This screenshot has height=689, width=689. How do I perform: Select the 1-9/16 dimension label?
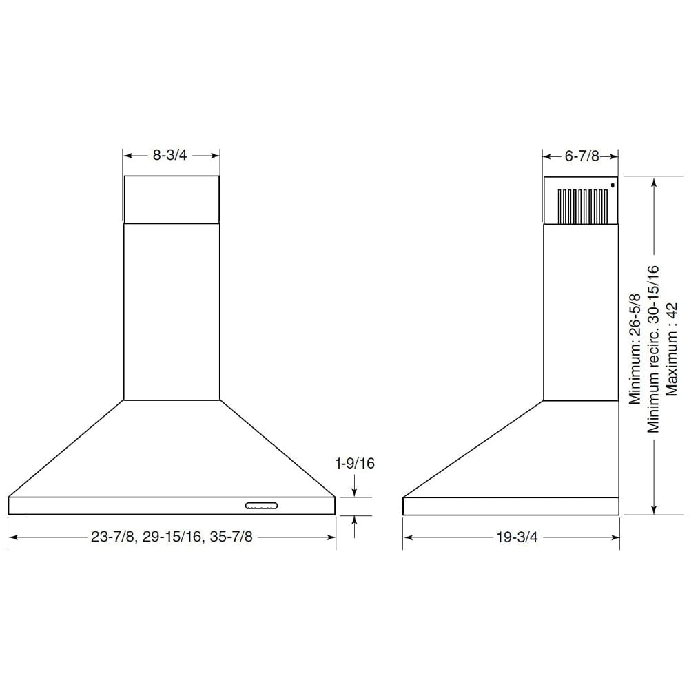tap(354, 464)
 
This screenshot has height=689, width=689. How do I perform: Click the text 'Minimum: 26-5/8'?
tap(635, 349)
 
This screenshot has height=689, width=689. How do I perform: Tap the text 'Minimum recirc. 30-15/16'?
tap(653, 349)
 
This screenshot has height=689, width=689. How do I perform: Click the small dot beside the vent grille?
tap(612, 185)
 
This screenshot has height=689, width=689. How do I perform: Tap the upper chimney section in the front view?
tap(172, 199)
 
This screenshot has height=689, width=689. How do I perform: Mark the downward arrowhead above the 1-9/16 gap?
tap(354, 493)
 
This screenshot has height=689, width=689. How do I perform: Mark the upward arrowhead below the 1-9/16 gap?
tap(354, 519)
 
